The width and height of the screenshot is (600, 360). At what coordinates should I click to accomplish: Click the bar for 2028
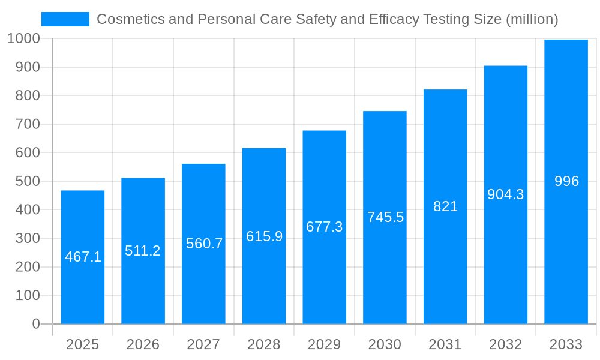[x=264, y=276]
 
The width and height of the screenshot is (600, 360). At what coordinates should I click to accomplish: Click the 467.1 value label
[x=83, y=257]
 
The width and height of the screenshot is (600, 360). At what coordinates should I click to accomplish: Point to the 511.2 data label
[x=143, y=251]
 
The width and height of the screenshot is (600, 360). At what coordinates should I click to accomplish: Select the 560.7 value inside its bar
[x=204, y=244]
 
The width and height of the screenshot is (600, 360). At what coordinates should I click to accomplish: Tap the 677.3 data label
[x=324, y=227]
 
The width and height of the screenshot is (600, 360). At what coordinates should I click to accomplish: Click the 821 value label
[x=445, y=206]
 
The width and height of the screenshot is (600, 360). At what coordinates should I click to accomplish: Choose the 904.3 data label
[x=505, y=194]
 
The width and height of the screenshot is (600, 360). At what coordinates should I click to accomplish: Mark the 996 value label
[x=566, y=181]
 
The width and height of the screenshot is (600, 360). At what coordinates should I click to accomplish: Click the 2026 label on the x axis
[x=143, y=344]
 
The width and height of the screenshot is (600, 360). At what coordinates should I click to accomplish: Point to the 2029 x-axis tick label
[x=324, y=344]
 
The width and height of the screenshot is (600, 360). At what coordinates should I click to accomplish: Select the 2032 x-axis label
[x=505, y=344]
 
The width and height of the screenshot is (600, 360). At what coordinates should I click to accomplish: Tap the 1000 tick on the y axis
[x=23, y=38]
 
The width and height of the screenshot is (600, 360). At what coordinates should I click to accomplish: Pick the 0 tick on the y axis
[x=36, y=324]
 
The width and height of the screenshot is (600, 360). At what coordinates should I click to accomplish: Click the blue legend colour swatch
[x=65, y=19]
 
